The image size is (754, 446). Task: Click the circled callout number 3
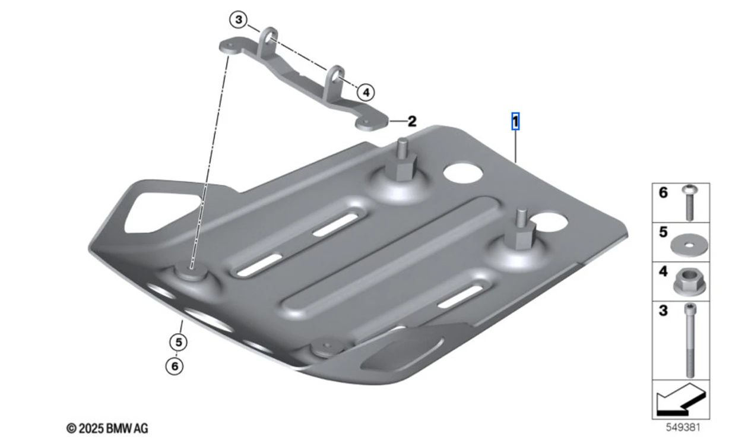[239, 20]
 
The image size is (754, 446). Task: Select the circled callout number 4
[366, 92]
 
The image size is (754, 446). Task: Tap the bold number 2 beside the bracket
[411, 122]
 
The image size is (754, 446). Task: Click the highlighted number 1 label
[515, 122]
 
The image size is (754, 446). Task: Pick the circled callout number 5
[178, 342]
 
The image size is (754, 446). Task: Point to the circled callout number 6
[175, 366]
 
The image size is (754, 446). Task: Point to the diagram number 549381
[679, 426]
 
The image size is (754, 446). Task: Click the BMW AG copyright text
[107, 428]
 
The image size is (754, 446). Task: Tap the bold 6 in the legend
[663, 192]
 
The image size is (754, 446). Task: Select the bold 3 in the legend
[663, 310]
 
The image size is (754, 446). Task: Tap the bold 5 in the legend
[663, 232]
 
